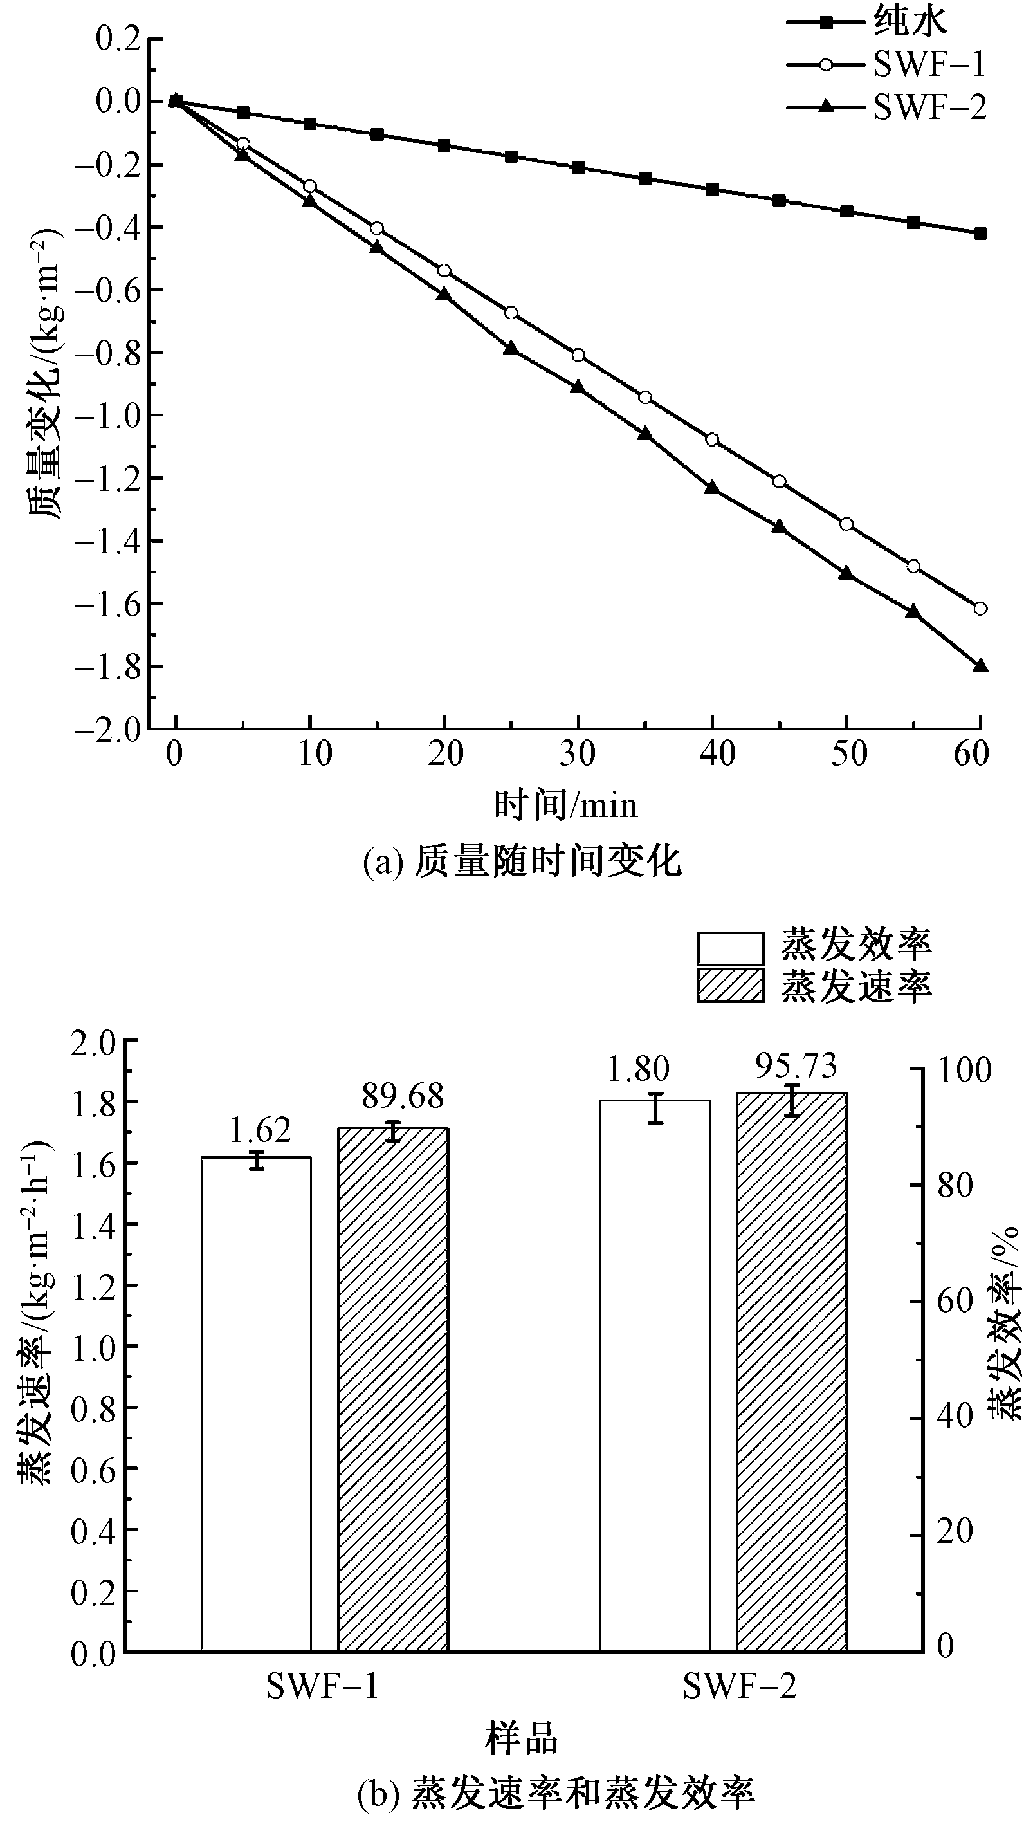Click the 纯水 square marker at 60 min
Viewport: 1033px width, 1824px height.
click(980, 234)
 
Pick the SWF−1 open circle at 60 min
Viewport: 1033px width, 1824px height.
click(980, 608)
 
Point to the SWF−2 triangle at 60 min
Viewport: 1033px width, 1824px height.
click(980, 665)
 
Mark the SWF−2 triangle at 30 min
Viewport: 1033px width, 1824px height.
click(578, 387)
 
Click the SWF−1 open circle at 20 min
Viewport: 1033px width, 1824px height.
click(444, 270)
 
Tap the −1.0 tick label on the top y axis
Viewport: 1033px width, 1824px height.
click(108, 416)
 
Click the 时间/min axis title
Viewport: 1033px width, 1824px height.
click(565, 806)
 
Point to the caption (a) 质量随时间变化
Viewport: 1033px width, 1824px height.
click(522, 863)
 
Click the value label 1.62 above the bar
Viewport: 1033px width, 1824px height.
click(260, 1130)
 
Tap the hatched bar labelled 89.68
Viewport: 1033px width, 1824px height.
click(393, 1390)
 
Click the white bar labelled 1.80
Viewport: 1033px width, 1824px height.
click(655, 1376)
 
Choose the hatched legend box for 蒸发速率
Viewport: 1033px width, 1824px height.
click(730, 986)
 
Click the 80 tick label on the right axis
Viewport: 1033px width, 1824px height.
click(955, 1186)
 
